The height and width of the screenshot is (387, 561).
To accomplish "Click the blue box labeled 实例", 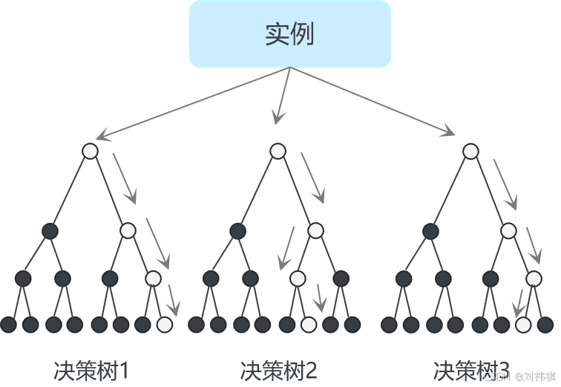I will click(289, 34).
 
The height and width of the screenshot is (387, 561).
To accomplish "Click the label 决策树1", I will click(91, 370).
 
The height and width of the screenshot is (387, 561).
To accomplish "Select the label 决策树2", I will click(278, 370).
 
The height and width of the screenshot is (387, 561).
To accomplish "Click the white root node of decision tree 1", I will click(90, 151).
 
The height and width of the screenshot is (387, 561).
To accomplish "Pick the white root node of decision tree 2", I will click(278, 151).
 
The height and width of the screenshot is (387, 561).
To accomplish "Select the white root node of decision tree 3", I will click(470, 151).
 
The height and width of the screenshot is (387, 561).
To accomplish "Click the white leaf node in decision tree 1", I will click(165, 325).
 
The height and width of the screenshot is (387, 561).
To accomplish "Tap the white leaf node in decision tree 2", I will click(309, 325).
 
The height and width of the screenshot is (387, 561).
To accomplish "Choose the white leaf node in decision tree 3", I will click(523, 325).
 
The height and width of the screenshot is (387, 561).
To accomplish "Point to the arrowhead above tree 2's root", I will click(278, 118).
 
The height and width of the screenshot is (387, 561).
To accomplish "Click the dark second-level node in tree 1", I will click(50, 230).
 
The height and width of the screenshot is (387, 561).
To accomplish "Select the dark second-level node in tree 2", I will click(237, 230).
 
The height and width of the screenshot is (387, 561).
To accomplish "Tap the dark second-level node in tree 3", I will click(430, 230).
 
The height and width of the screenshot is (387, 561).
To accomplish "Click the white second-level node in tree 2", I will click(315, 230).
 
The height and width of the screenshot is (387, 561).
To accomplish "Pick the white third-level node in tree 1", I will click(153, 279).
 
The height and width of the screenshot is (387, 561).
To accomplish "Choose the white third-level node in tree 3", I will click(534, 279).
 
